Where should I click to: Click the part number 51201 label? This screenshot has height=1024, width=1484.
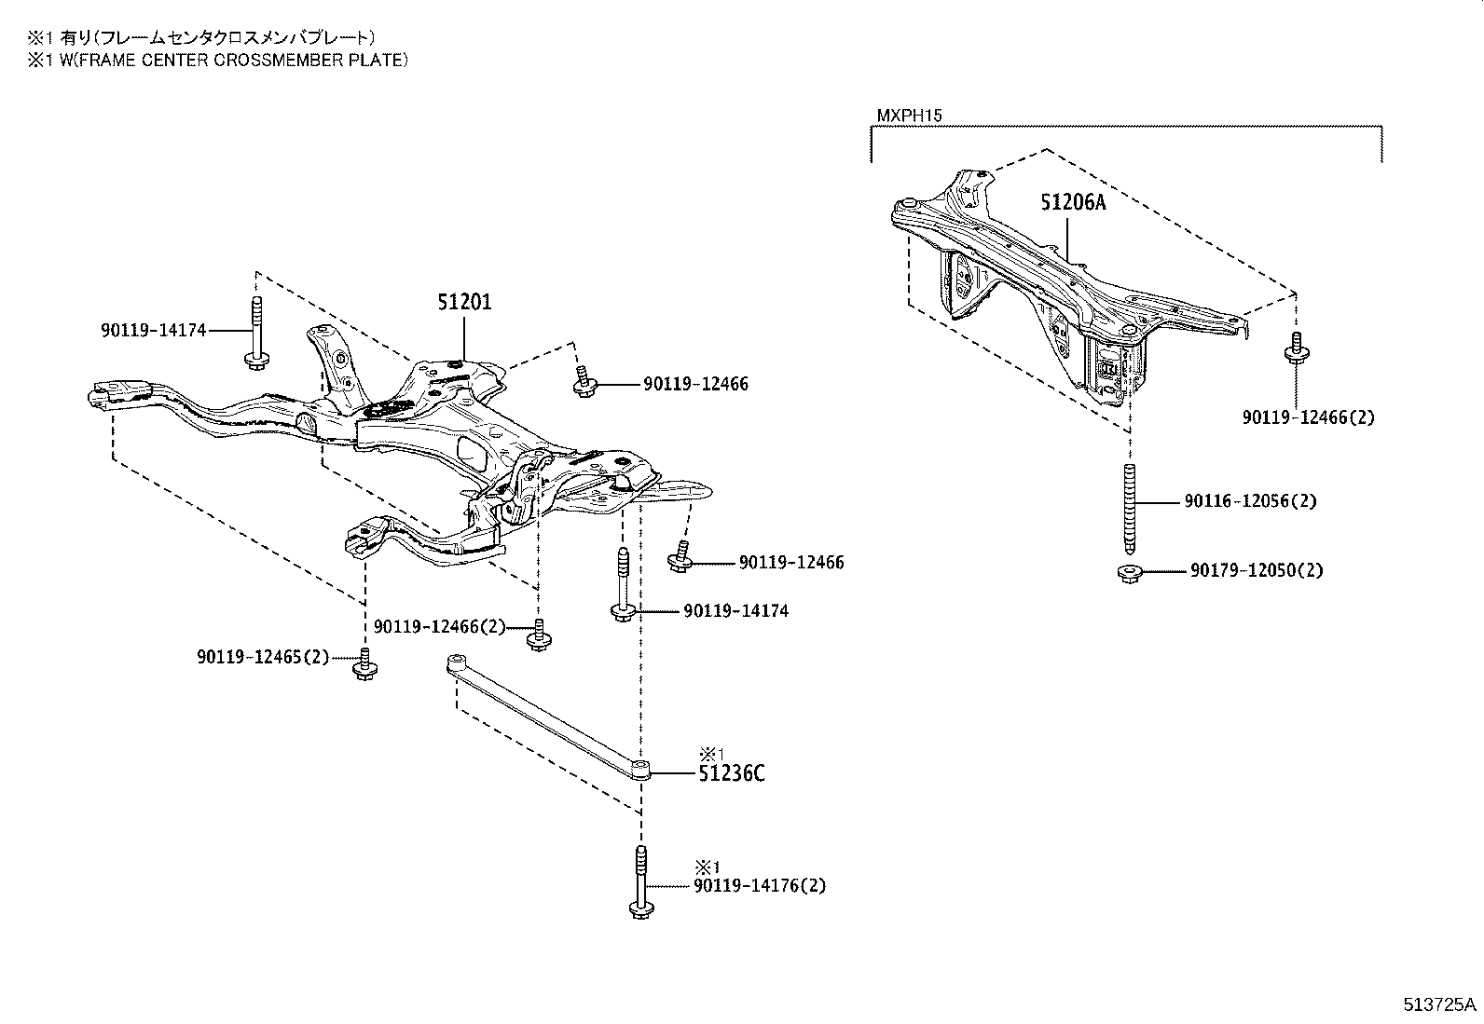(x=464, y=302)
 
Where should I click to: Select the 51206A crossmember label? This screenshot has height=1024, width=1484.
(x=1072, y=202)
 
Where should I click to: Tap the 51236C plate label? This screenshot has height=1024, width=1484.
(x=732, y=773)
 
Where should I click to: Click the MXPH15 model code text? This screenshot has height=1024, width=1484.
(x=909, y=116)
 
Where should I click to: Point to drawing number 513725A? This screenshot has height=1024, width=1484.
(x=1440, y=1004)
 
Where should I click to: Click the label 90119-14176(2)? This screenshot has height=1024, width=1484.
(x=759, y=885)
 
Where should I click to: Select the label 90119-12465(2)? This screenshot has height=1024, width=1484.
(x=263, y=657)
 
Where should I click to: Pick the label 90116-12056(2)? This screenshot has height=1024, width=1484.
(x=1250, y=501)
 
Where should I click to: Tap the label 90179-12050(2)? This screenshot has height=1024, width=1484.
(x=1256, y=570)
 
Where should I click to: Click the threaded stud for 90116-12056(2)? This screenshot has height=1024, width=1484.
(x=1130, y=508)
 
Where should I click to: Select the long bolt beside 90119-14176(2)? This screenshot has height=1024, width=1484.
(x=640, y=882)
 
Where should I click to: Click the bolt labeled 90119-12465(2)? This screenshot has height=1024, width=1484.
(x=364, y=664)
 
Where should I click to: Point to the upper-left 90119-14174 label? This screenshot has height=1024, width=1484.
(x=153, y=330)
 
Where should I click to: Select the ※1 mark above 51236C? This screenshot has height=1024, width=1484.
(x=711, y=752)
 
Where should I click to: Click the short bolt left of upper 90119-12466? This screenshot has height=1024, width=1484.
(x=584, y=383)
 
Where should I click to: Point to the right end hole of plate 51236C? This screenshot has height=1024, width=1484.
(x=639, y=769)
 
